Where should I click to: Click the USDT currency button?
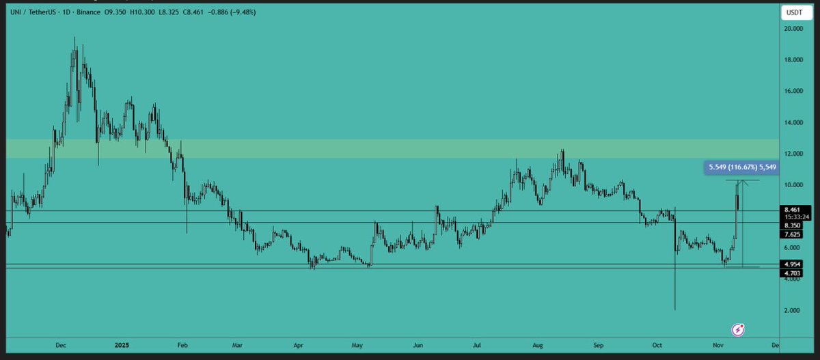pyautogui.click(x=792, y=12)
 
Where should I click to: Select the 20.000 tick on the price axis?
pyautogui.click(x=793, y=29)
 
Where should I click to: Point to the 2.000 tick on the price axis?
pyautogui.click(x=793, y=310)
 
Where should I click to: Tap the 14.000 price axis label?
pyautogui.click(x=793, y=123)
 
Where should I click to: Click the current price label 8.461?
pyautogui.click(x=793, y=210)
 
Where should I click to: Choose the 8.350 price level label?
pyautogui.click(x=793, y=225)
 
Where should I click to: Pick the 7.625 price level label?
pyautogui.click(x=793, y=234)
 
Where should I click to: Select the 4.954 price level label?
pyautogui.click(x=793, y=264)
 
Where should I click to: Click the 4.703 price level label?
pyautogui.click(x=793, y=273)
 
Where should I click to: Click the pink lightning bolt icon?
pyautogui.click(x=738, y=330)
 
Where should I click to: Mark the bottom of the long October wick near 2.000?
pyautogui.click(x=674, y=309)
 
